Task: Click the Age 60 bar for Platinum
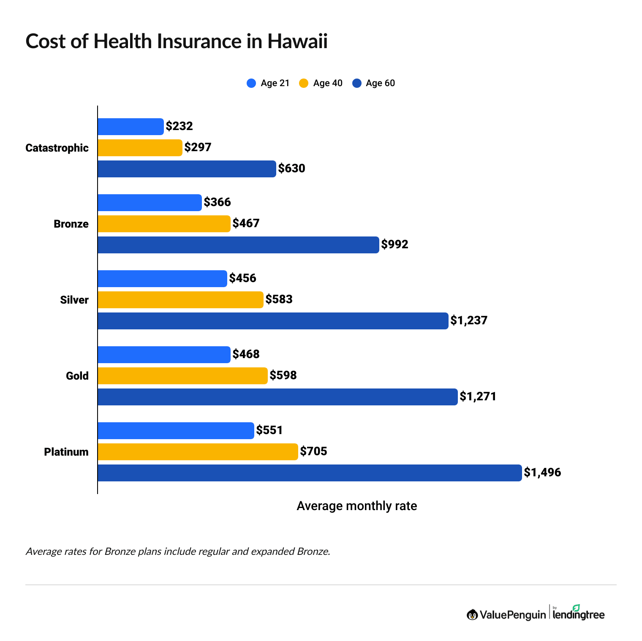point(310,473)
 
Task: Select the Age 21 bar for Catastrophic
point(131,127)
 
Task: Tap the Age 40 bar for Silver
point(180,300)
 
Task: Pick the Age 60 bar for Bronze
point(238,245)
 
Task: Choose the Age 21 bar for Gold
point(164,355)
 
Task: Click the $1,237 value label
point(469,320)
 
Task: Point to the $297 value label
point(198,147)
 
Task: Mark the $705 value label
point(313,451)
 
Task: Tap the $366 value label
point(217,202)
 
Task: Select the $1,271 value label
point(478,397)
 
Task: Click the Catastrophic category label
point(57,148)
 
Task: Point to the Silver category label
point(74,300)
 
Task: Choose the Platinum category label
point(66,452)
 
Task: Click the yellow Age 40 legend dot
point(304,83)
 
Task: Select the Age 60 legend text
point(380,83)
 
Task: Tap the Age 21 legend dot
point(251,83)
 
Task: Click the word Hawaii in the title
point(297,41)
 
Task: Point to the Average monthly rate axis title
point(356,506)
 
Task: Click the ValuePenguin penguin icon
point(472,615)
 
